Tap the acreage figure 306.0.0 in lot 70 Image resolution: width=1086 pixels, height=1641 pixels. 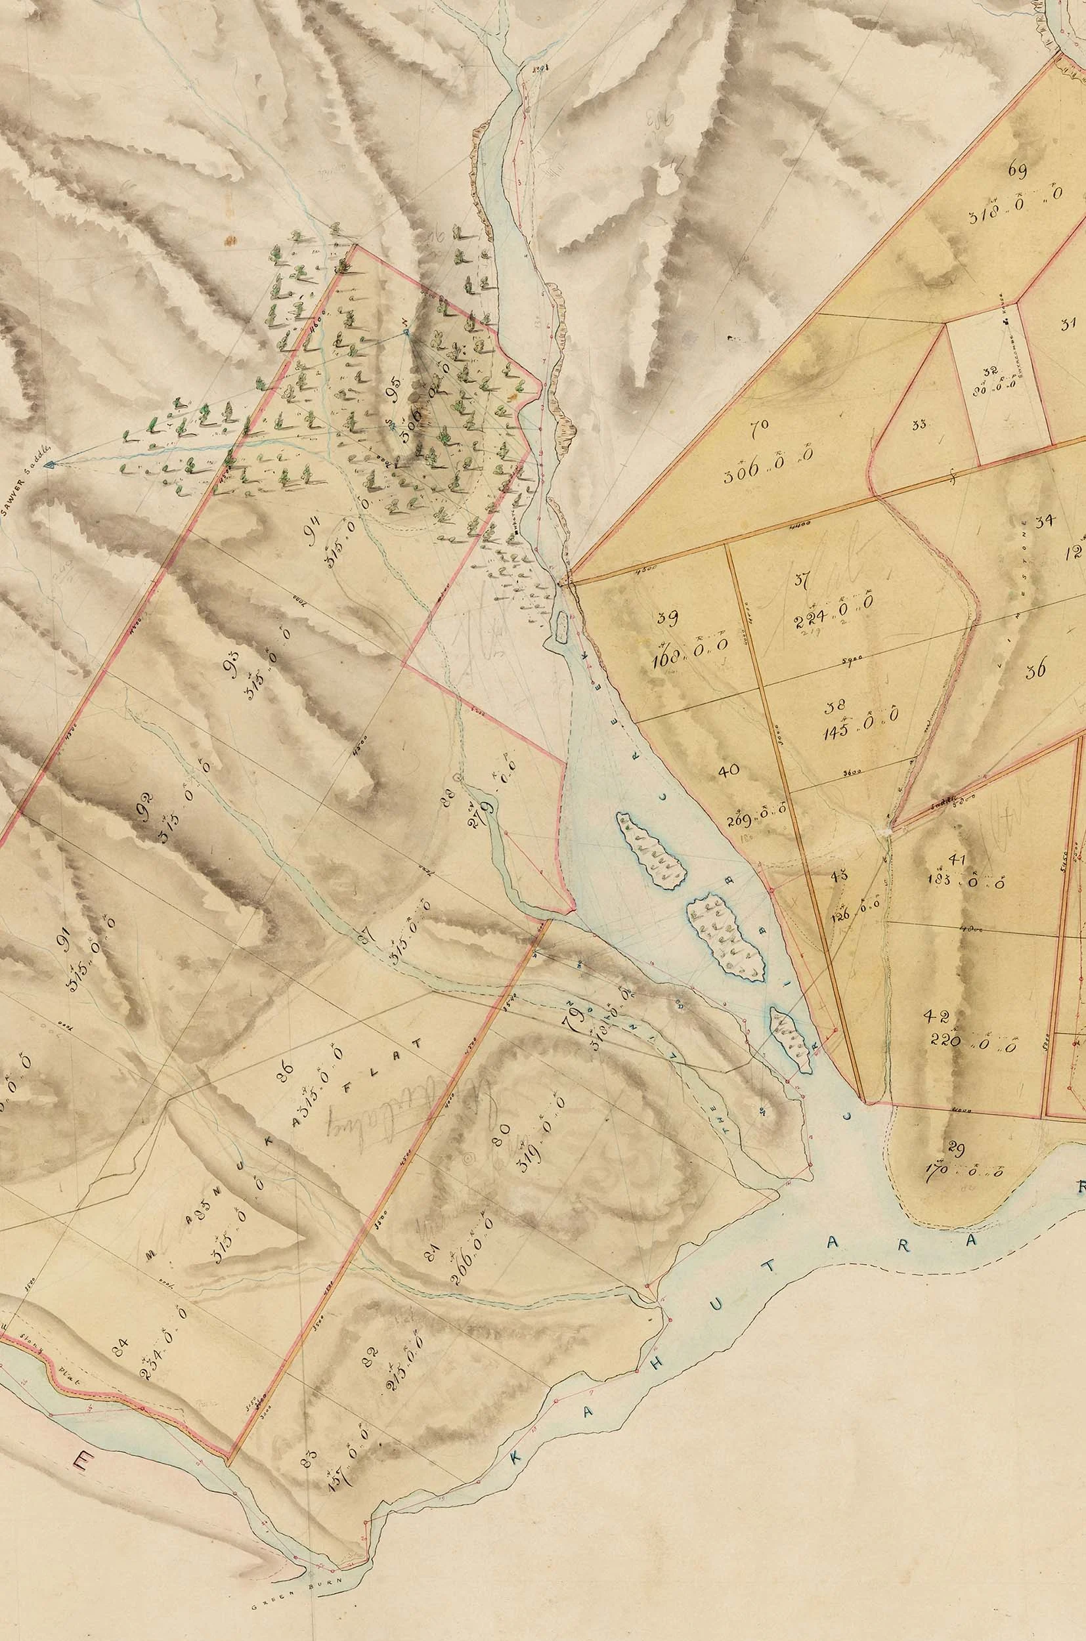[x=768, y=474]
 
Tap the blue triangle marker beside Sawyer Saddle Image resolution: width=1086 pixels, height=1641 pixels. [x=49, y=466]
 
